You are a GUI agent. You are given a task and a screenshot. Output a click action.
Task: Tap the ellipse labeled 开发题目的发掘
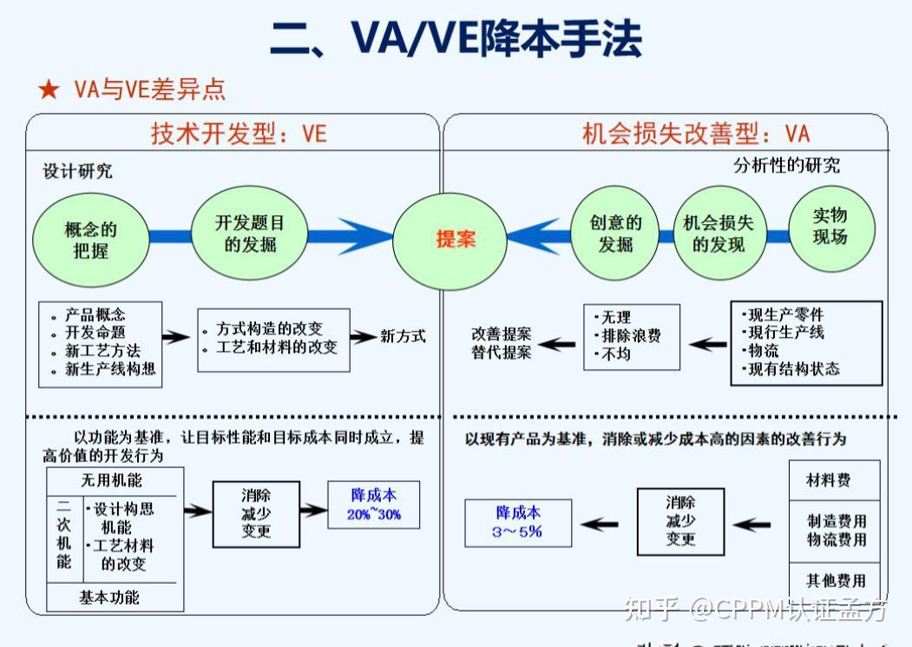(250, 234)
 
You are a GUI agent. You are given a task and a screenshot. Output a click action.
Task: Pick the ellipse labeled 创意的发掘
(615, 234)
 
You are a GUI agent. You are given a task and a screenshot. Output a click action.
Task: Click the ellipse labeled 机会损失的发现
(718, 234)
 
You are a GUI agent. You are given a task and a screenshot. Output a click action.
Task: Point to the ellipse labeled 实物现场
(830, 227)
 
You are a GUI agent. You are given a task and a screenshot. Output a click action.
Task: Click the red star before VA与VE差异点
(49, 89)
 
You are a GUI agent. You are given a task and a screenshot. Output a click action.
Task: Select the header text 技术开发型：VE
(239, 134)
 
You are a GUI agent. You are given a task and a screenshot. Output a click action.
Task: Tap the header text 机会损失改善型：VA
(695, 134)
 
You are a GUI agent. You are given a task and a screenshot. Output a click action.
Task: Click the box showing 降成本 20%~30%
(374, 505)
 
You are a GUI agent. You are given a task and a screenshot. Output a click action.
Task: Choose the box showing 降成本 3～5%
(518, 522)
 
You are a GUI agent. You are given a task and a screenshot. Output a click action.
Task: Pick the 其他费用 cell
(835, 580)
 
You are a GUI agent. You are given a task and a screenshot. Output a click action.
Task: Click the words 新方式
(403, 336)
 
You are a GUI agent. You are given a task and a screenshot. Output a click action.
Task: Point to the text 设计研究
(78, 171)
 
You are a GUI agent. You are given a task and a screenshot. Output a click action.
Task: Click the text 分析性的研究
(786, 166)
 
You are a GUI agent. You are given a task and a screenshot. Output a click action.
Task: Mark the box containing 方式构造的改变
(273, 340)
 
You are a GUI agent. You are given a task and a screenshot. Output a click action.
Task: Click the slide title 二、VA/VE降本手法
(456, 39)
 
